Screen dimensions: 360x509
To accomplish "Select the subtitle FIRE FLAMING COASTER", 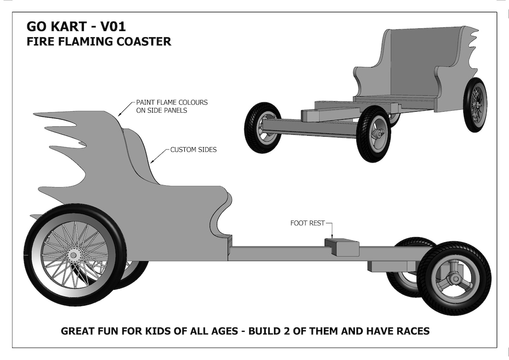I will (99, 41).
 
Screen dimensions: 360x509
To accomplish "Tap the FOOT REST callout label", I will (307, 223).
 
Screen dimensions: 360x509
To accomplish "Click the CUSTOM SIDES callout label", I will (193, 150).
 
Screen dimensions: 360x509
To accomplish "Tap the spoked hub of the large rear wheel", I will (74, 255).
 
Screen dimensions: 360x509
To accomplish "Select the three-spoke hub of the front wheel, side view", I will (455, 278).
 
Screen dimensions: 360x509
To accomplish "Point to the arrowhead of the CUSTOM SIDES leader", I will (151, 163).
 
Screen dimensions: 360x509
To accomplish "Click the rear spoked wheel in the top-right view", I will (475, 105).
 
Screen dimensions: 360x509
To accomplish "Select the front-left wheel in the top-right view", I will (262, 127).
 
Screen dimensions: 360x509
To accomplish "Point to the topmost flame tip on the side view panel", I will (35, 114).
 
